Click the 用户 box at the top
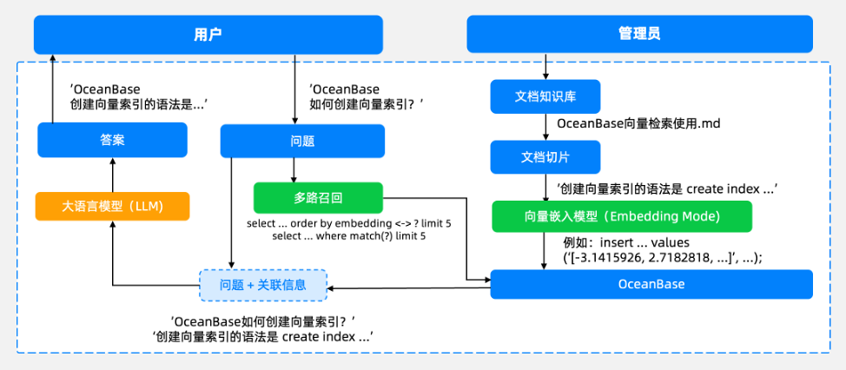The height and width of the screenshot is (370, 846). pos(208,35)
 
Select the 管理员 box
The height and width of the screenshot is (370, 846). pos(639,34)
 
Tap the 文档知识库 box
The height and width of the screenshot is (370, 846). pos(545,96)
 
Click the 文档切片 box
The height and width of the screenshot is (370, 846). pos(545,157)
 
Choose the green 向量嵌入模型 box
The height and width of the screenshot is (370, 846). pos(622,216)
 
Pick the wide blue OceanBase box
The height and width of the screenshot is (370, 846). pos(651,284)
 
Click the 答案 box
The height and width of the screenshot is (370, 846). pos(112,140)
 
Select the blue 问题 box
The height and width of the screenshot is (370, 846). pos(302,142)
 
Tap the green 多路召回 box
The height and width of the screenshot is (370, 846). pos(318,198)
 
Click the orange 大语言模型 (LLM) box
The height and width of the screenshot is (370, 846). pos(112,206)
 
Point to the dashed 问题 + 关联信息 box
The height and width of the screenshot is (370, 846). pos(263,285)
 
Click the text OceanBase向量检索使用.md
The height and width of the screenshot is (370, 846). pos(638,123)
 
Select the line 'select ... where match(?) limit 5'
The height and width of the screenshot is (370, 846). pos(348,236)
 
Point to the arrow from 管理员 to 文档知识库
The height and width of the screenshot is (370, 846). pos(545,66)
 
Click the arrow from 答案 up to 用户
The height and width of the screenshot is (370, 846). pos(52,89)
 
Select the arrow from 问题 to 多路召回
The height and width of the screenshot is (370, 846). pos(294,170)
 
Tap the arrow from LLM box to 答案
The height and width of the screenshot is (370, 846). pos(112,175)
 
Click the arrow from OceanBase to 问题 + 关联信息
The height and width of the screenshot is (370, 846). pos(408,288)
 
